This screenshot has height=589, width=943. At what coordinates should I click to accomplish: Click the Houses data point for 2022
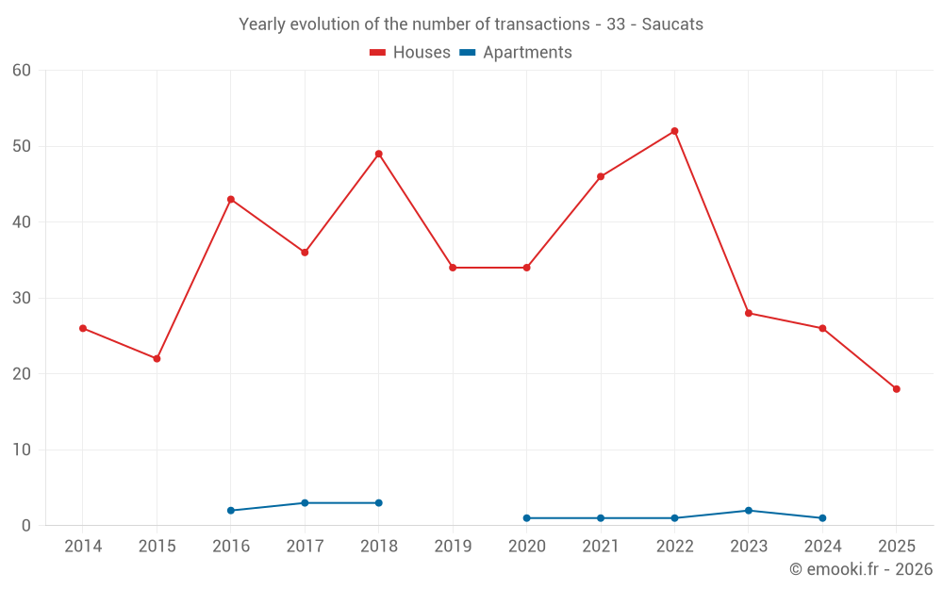(674, 131)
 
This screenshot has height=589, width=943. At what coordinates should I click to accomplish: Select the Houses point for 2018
(378, 154)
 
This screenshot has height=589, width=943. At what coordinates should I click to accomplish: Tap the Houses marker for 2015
(157, 359)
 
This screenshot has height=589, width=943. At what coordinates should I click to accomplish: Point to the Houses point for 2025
(896, 389)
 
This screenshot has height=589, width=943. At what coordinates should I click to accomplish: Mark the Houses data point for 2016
(231, 200)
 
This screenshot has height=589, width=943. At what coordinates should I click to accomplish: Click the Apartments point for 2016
(231, 511)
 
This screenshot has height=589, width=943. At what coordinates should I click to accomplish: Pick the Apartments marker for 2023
(749, 511)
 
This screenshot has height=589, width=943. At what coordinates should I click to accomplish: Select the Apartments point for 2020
(526, 518)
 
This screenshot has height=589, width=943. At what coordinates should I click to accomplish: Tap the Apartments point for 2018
(378, 503)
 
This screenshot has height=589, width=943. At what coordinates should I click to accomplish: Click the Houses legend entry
(410, 53)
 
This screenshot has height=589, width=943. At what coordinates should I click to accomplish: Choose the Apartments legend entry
(515, 53)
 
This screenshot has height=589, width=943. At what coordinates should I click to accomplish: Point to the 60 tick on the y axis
(23, 71)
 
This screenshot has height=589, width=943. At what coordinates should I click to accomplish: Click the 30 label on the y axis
(23, 298)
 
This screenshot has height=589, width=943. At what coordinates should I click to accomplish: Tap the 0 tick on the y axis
(26, 526)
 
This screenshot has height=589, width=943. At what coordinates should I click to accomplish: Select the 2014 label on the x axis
(83, 547)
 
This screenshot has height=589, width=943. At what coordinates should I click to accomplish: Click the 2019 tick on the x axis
(453, 547)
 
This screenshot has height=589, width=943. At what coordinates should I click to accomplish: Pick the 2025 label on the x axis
(896, 547)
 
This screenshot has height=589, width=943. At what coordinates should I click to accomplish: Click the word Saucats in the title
(672, 25)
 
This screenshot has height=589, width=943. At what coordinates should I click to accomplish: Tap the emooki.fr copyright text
(861, 569)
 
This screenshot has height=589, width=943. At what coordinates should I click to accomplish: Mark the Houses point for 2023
(749, 313)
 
